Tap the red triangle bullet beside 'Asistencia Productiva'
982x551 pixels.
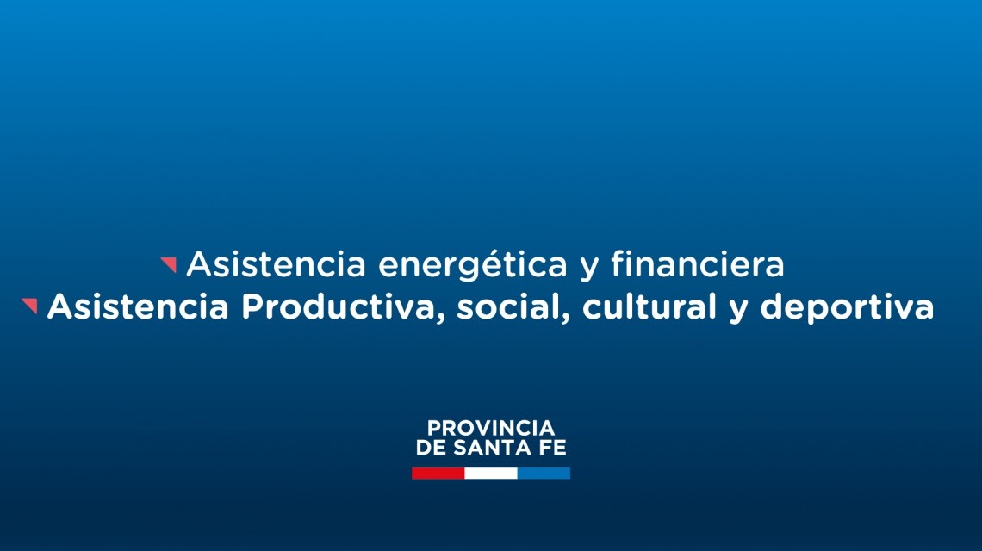click(x=30, y=306)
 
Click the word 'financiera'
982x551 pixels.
click(x=698, y=264)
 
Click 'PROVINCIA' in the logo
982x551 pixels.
click(x=491, y=428)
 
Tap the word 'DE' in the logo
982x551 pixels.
click(x=429, y=449)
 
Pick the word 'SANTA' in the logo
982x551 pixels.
click(x=493, y=449)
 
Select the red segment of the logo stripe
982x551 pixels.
click(x=438, y=473)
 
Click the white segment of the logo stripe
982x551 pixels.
click(x=491, y=473)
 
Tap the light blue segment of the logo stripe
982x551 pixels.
click(x=544, y=473)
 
